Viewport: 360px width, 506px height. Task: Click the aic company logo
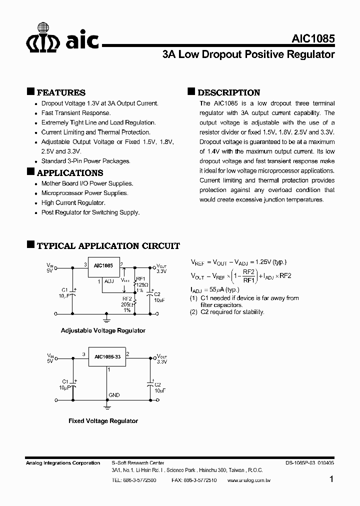pos(62,38)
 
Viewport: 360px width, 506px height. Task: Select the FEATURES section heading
pos(61,92)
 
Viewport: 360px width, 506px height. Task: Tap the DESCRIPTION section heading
pos(228,92)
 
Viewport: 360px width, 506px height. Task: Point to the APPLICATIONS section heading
pos(70,173)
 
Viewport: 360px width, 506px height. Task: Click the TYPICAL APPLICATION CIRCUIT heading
pos(108,246)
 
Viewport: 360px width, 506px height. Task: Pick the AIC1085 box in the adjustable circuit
pos(103,265)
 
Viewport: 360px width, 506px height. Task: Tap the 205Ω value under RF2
pos(126,304)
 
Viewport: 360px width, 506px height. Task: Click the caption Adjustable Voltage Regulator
pos(103,330)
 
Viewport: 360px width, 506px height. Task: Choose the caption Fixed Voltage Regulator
pos(103,421)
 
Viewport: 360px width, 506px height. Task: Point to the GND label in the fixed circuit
pos(114,395)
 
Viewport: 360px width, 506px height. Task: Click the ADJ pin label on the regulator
pos(109,281)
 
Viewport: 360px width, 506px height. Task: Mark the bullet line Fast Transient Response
pos(76,113)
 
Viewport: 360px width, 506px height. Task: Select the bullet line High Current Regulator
pos(73,202)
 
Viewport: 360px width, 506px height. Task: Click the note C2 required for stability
pos(227,312)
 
